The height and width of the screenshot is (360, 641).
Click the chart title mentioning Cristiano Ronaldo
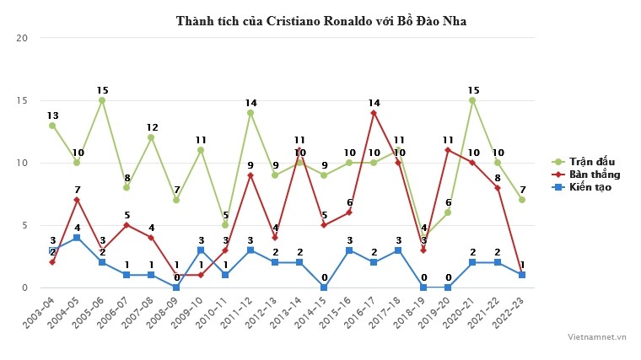320,20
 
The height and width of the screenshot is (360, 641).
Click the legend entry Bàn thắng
595,174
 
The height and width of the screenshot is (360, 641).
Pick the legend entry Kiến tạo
590,186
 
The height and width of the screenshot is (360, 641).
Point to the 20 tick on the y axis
22,38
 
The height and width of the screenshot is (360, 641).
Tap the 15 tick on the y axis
22,100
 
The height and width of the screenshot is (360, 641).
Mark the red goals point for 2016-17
374,113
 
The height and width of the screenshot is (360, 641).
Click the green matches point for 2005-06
102,100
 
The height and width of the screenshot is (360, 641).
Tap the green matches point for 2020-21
473,100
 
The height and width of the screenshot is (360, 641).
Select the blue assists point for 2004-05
78,238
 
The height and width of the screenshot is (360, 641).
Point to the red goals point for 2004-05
78,200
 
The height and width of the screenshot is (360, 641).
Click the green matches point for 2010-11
226,225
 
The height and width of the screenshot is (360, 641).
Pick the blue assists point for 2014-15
325,287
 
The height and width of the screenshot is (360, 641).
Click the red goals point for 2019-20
449,150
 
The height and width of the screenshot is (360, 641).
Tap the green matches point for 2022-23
523,200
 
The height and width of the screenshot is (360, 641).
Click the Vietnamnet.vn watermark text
597,337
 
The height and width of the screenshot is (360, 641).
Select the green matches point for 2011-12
250,113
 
